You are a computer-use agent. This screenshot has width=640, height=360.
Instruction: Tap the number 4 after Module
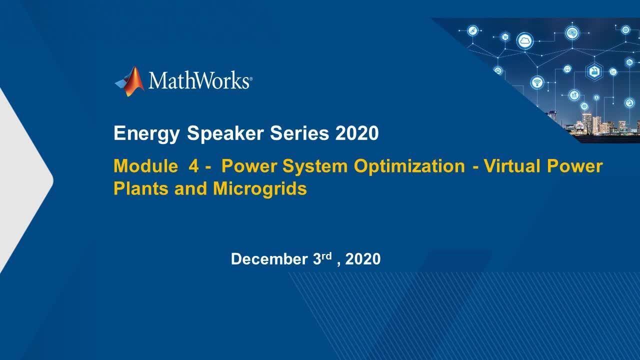tap(193, 166)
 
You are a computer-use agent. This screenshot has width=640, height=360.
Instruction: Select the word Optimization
tap(409, 166)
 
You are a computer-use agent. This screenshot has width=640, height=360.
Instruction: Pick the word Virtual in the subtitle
tap(511, 166)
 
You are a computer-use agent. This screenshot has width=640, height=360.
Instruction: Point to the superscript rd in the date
tap(326, 255)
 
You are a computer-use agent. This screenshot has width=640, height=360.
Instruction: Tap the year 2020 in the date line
tap(362, 259)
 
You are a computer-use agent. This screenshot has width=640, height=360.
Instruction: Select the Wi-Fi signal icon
tap(537, 82)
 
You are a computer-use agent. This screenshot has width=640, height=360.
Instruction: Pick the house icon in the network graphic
tap(498, 71)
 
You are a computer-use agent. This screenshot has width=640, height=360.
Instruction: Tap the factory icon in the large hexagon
tap(594, 71)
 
